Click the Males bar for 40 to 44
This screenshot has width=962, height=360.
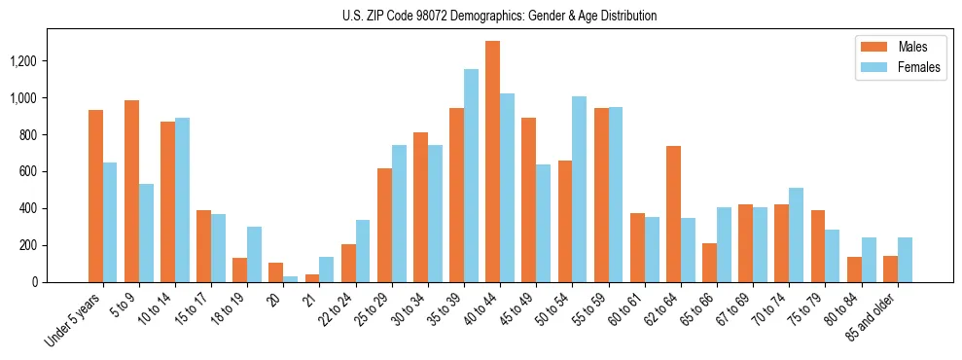[x=493, y=162]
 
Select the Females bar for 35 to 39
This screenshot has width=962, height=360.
[x=471, y=175]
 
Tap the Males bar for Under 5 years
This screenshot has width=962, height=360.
[x=95, y=196]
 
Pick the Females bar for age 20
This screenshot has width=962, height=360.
[x=291, y=279]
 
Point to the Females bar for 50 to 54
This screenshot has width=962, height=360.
[x=580, y=189]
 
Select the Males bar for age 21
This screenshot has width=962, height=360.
[x=312, y=278]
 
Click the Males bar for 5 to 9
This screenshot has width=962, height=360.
[x=131, y=191]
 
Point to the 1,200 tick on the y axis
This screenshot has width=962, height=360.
[x=39, y=61]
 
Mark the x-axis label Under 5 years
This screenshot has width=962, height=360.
[x=73, y=322]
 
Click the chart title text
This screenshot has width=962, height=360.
[x=499, y=16]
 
